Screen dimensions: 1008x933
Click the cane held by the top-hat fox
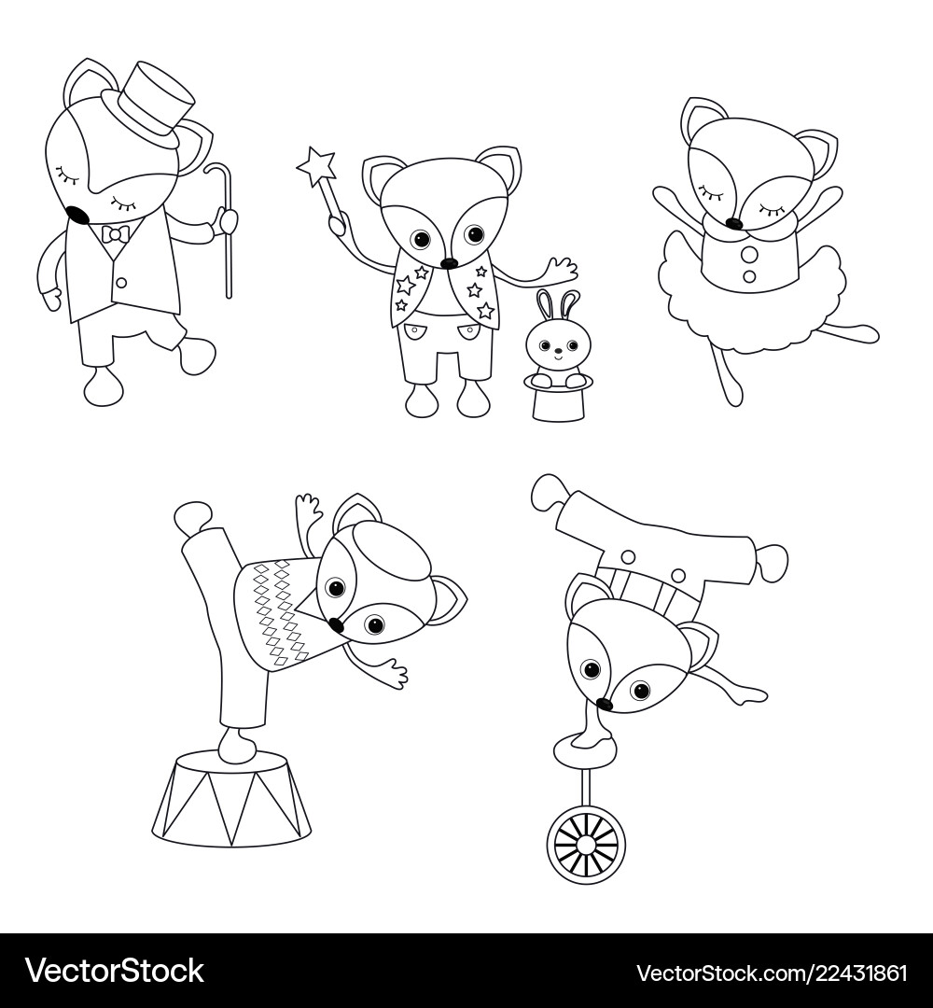pos(227,233)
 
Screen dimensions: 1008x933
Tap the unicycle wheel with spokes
pos(586,846)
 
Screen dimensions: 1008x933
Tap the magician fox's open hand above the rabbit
pos(562,268)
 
